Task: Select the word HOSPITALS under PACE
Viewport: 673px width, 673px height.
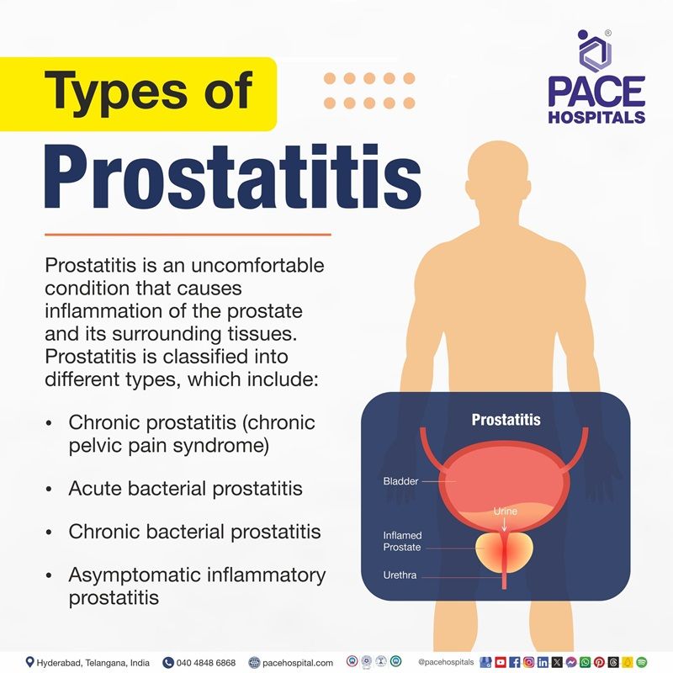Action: pos(596,116)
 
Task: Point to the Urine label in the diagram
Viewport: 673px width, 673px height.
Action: pos(506,511)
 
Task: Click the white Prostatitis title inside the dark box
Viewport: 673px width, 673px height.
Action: pos(506,419)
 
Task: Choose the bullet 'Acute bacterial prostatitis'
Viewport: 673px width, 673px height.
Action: pos(185,488)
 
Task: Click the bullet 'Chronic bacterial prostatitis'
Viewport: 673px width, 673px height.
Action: pos(194,532)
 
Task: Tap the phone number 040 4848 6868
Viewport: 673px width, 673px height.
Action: pos(205,663)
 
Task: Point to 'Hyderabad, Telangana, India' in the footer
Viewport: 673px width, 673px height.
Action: pos(93,663)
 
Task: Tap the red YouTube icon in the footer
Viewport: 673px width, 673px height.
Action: pos(501,663)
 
